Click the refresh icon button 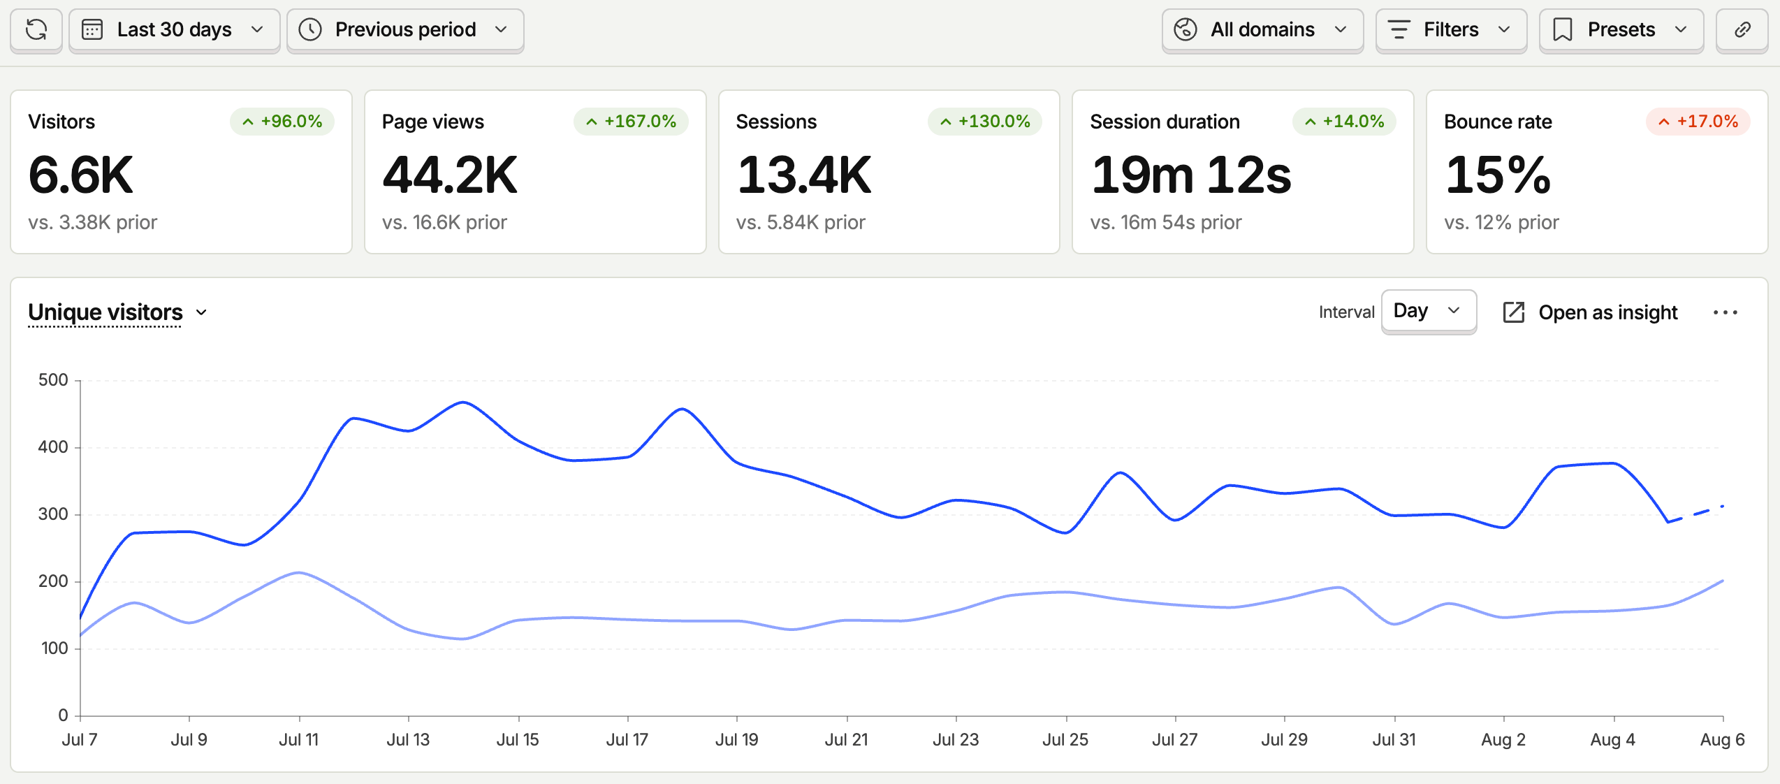click(36, 30)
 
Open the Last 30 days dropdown click(175, 30)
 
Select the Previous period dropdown click(405, 30)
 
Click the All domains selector click(1262, 30)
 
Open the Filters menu click(1451, 30)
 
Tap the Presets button click(1621, 30)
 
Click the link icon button click(1742, 30)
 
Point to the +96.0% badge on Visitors click(282, 122)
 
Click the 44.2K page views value click(450, 175)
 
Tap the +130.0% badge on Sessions click(985, 122)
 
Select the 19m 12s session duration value click(1191, 175)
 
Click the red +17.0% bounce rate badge click(1698, 122)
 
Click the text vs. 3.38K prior click(93, 222)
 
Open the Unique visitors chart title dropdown click(117, 312)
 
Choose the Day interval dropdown click(1429, 312)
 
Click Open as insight click(1590, 312)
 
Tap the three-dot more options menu click(1725, 312)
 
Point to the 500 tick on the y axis click(53, 380)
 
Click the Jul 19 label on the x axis click(737, 739)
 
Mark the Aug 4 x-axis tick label click(1613, 739)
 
